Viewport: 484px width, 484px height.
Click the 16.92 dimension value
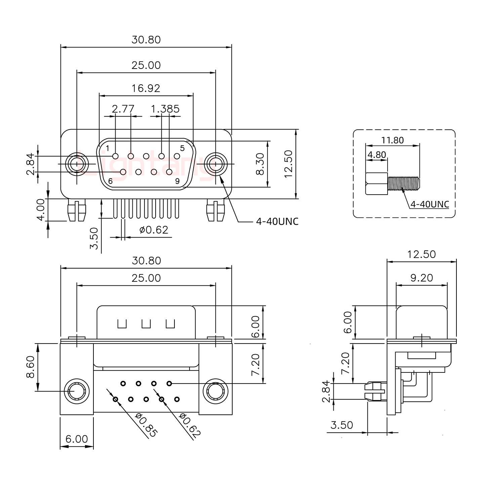(x=146, y=88)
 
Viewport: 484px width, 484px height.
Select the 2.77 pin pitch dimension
(x=123, y=109)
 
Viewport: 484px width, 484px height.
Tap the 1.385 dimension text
(x=165, y=109)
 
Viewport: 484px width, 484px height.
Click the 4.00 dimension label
(x=41, y=209)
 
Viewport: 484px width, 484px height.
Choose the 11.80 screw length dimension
(x=392, y=140)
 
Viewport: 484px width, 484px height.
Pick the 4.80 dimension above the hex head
(x=376, y=155)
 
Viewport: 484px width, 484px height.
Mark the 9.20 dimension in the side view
(x=421, y=278)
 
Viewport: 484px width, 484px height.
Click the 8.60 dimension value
(x=30, y=367)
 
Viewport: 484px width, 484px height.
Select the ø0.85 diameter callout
(x=146, y=425)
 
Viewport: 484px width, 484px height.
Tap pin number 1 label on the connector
(x=108, y=148)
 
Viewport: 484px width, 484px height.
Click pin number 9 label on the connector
(x=177, y=181)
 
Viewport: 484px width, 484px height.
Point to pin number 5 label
(x=182, y=148)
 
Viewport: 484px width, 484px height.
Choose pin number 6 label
(x=110, y=181)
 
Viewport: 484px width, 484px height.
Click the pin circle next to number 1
(x=116, y=156)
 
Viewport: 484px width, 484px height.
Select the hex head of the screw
(x=376, y=184)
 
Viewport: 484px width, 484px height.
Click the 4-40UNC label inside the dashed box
(x=430, y=204)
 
